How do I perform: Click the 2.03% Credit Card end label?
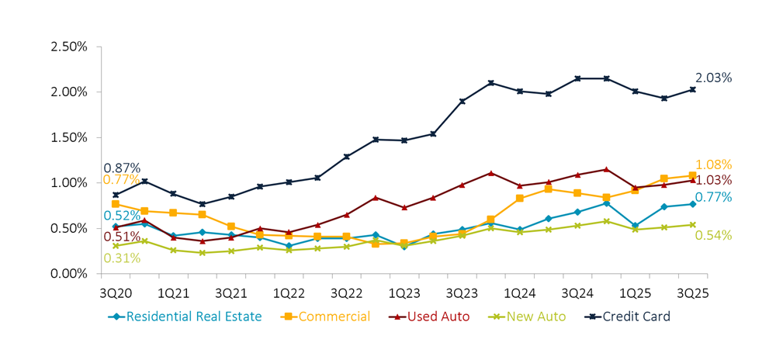[x=713, y=78]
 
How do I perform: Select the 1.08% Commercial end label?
[x=713, y=165]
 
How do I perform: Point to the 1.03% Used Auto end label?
[x=713, y=181]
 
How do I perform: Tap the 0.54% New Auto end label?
[x=713, y=235]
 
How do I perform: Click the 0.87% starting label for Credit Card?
[x=122, y=168]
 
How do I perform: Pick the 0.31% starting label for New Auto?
[x=122, y=258]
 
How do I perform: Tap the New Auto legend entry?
[x=528, y=317]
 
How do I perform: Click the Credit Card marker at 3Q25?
[x=693, y=89]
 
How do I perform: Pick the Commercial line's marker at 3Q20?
[x=115, y=204]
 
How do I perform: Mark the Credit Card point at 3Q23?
[x=462, y=101]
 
